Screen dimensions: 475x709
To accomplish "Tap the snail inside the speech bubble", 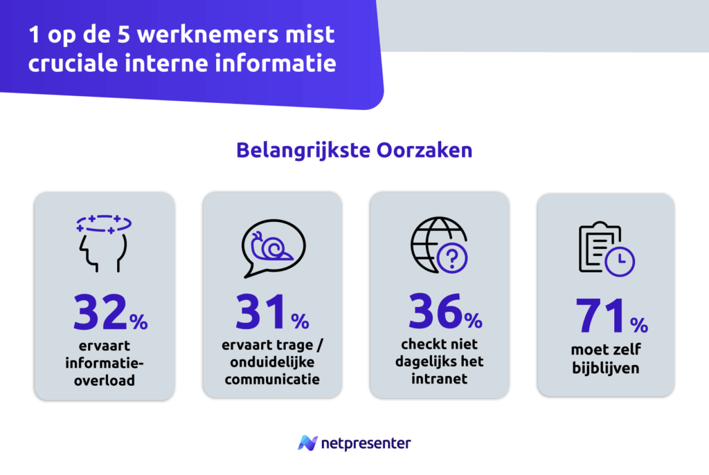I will click(271, 245).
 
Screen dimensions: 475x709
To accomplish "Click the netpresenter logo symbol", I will click(307, 443).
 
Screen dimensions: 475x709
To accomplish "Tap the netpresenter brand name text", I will click(365, 443).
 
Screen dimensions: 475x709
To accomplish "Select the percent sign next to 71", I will click(639, 324).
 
